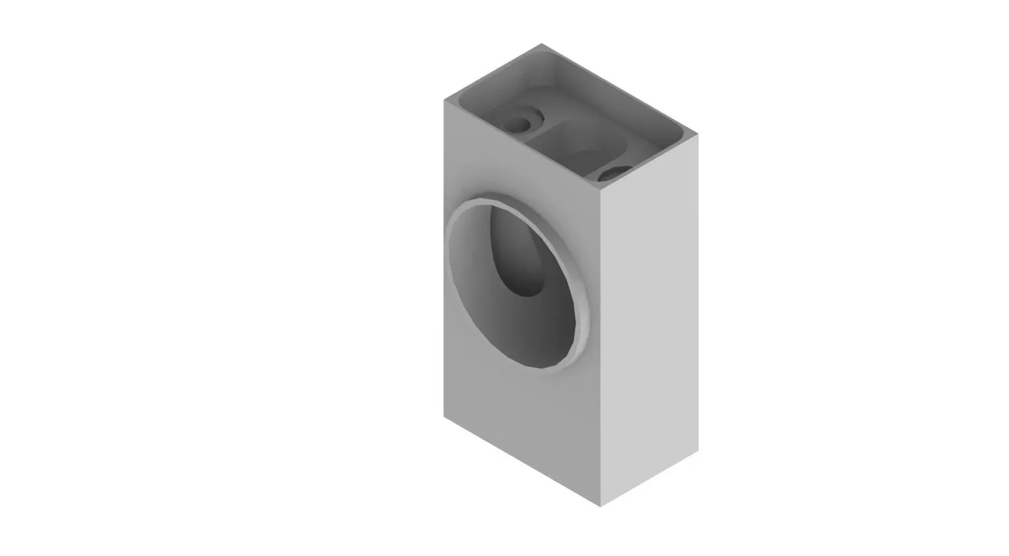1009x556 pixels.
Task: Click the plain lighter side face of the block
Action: (650, 318)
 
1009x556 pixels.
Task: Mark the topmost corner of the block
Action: (541, 44)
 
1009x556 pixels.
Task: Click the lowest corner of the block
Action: (601, 507)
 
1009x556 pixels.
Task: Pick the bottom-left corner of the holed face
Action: (444, 418)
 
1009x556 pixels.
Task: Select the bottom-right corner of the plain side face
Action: (698, 451)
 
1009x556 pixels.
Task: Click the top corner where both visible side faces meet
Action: (601, 190)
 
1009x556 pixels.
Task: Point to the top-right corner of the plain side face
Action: (698, 135)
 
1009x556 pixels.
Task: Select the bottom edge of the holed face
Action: (522, 462)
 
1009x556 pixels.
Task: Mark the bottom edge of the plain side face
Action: (650, 479)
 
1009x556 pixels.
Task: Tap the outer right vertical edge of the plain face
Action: (698, 293)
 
